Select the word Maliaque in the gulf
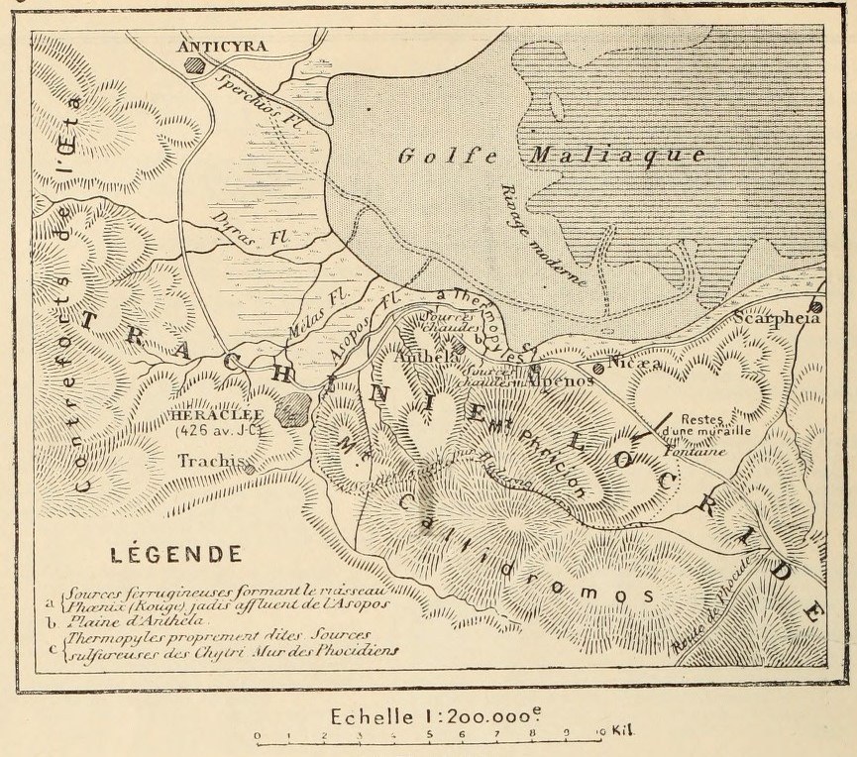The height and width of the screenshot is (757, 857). point(617,156)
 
